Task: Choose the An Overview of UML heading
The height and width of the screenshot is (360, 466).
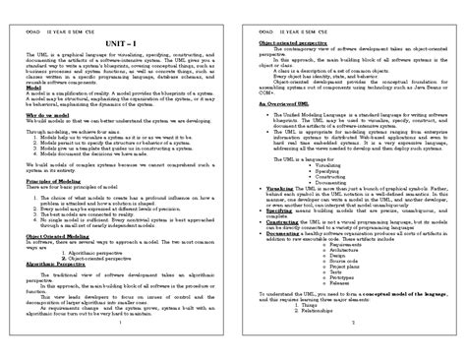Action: [271, 101]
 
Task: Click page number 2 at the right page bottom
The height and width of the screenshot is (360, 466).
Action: [349, 322]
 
